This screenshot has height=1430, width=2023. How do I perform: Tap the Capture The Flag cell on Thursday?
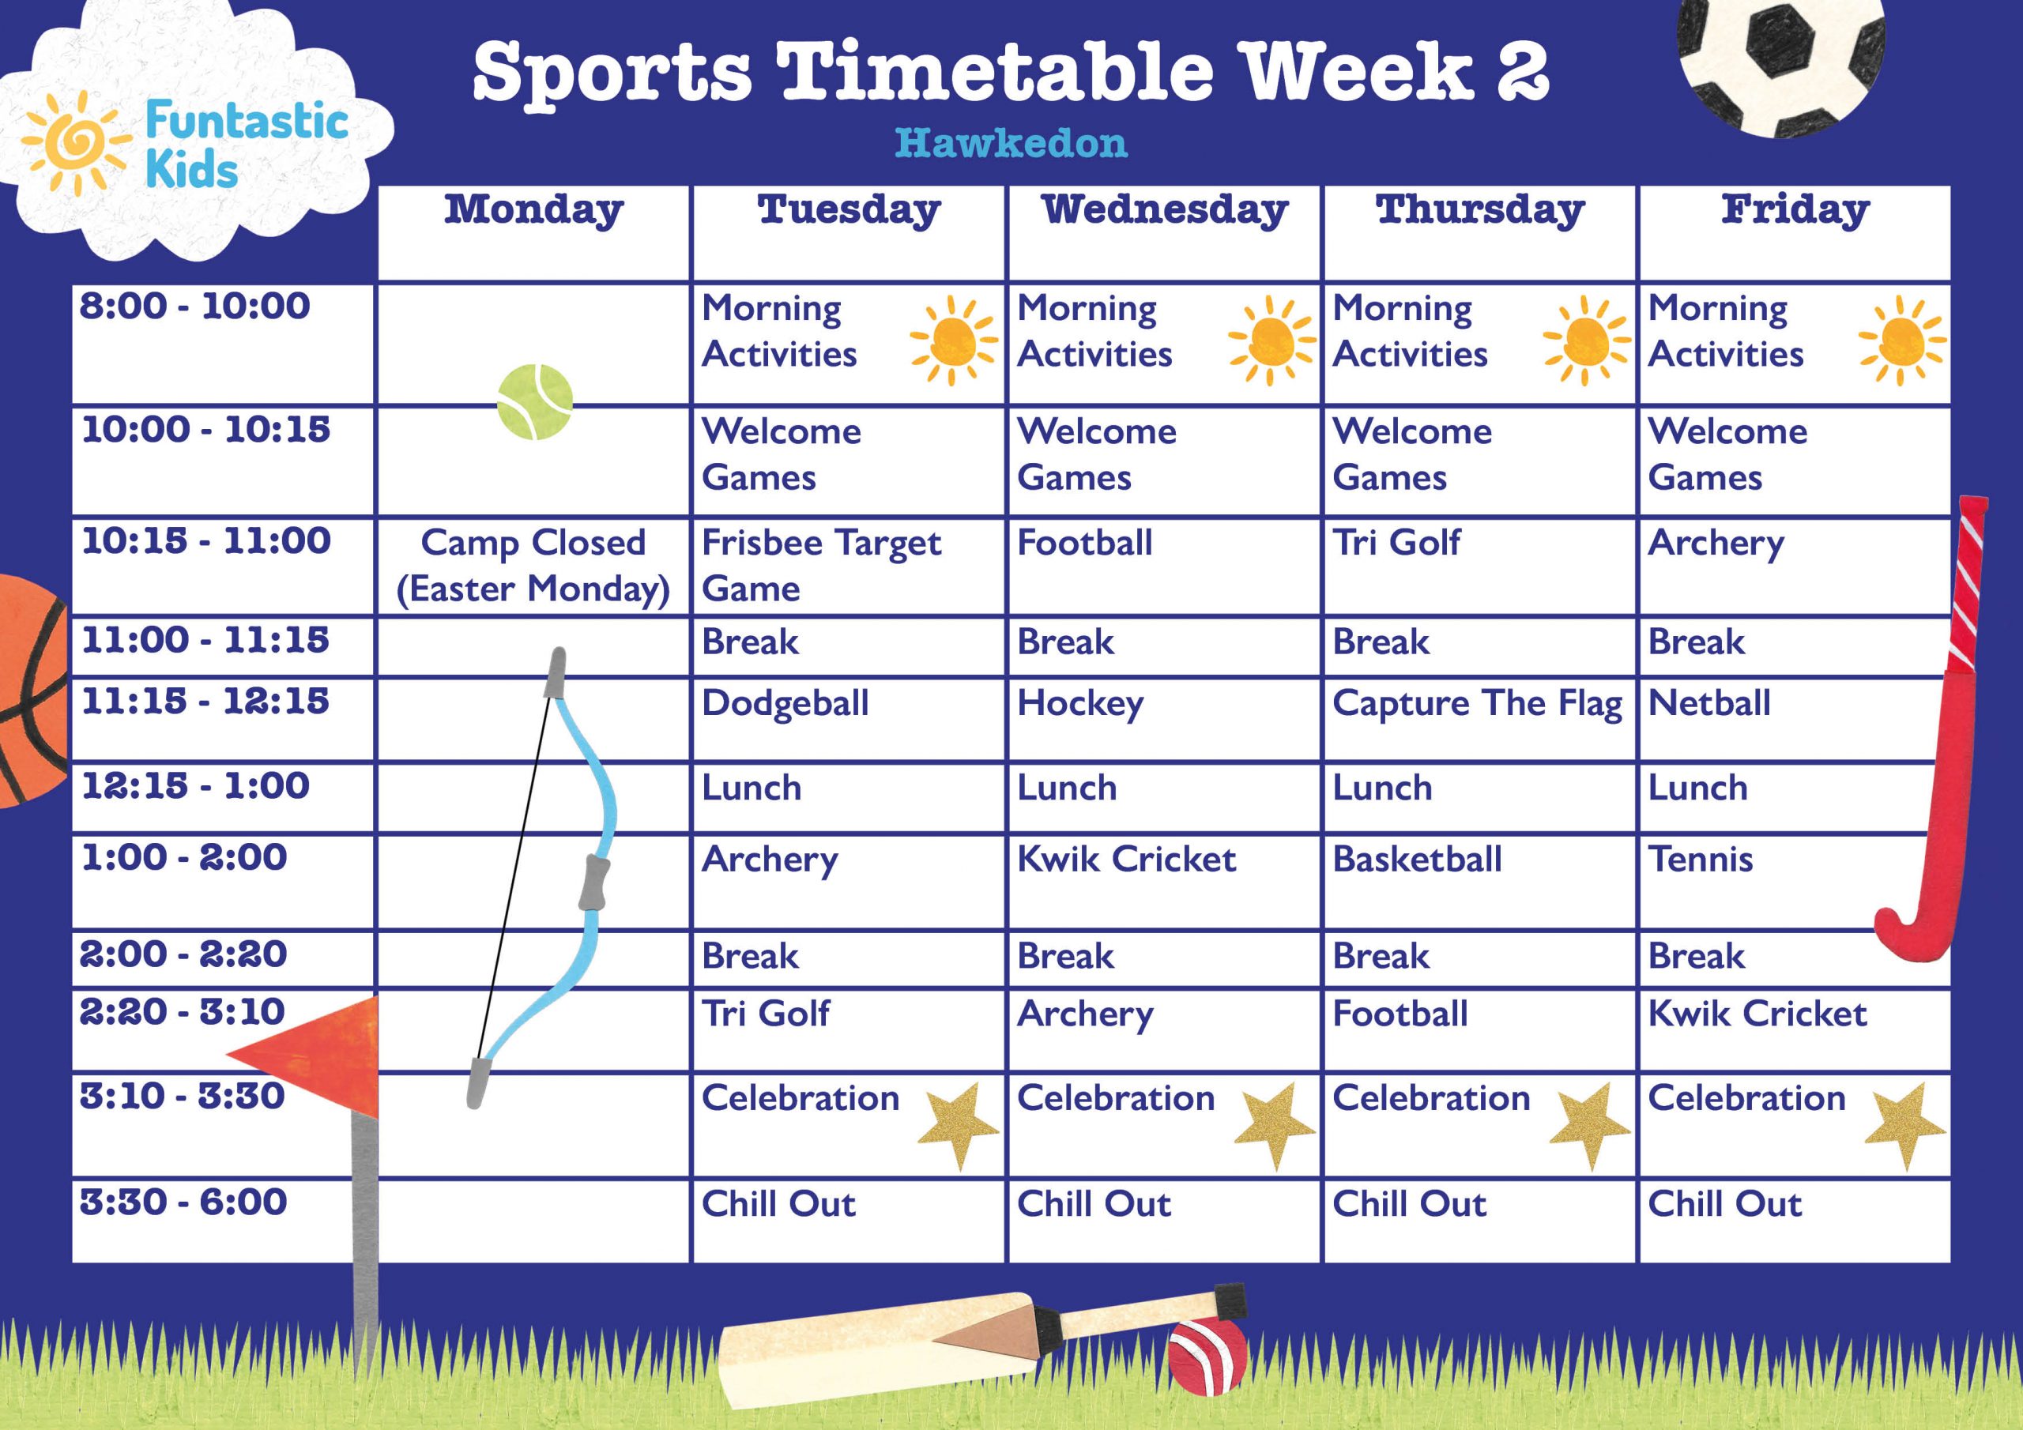click(1477, 704)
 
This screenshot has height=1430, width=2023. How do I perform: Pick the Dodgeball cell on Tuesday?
click(785, 704)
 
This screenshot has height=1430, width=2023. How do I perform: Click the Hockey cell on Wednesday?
click(1080, 704)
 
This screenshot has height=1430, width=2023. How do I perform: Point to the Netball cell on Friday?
click(1708, 704)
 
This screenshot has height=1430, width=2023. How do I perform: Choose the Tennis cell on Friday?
click(1700, 859)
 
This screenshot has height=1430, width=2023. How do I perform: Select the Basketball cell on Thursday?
click(1417, 859)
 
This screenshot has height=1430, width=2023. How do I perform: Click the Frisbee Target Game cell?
click(820, 565)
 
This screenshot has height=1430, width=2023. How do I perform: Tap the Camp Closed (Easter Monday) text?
click(533, 565)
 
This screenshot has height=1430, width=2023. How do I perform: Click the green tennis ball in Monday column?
click(535, 403)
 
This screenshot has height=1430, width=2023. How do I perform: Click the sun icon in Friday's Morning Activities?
click(1901, 341)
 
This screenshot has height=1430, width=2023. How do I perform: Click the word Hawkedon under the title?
click(1011, 143)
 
